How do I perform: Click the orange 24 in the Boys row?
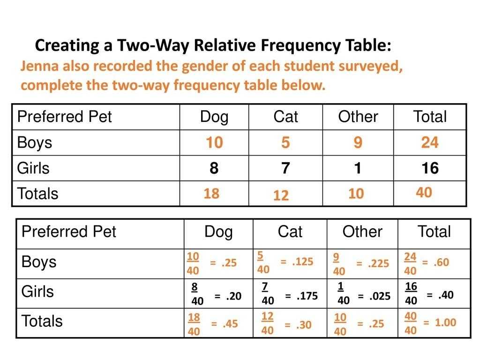[x=429, y=142]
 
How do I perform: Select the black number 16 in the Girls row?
[x=429, y=168]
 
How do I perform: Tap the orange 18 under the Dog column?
[x=211, y=194]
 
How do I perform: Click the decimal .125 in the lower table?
[x=302, y=262]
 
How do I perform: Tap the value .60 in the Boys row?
[x=441, y=262]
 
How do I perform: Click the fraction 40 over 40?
[x=411, y=323]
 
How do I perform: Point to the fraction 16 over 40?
[x=411, y=293]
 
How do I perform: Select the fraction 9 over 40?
[x=339, y=264]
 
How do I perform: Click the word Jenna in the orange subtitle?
[x=39, y=67]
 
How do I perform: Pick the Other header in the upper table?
[x=358, y=117]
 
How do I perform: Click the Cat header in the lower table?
[x=290, y=232]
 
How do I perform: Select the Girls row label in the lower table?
[x=37, y=292]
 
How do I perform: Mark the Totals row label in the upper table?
[x=37, y=194]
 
